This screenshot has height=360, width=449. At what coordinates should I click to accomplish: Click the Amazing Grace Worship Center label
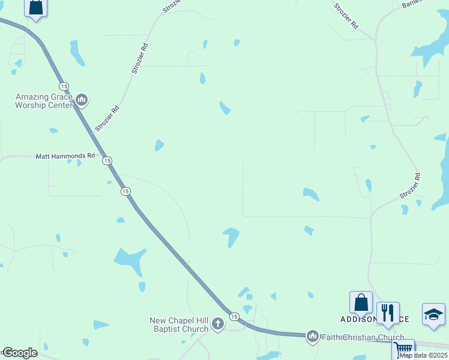(44, 101)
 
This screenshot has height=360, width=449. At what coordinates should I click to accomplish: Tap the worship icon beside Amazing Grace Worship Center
(82, 100)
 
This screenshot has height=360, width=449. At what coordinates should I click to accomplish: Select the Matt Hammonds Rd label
(65, 155)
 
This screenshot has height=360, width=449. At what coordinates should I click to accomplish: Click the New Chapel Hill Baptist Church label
(179, 325)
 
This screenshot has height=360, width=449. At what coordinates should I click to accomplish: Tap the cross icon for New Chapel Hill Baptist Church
(217, 325)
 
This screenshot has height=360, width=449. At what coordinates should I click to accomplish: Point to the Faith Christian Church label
(362, 337)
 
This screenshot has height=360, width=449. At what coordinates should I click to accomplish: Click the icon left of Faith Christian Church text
(312, 337)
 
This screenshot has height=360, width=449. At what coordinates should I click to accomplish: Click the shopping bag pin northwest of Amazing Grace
(36, 8)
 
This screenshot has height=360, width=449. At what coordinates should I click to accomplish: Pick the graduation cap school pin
(433, 314)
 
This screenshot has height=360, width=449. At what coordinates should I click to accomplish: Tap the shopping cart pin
(403, 349)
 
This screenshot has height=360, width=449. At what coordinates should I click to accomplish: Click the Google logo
(20, 353)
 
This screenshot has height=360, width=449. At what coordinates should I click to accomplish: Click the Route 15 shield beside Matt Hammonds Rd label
(107, 160)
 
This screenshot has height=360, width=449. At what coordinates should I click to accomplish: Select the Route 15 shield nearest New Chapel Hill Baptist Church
(234, 316)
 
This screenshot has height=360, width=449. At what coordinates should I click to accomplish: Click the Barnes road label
(412, 4)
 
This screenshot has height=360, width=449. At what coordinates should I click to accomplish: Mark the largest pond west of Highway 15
(130, 260)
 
